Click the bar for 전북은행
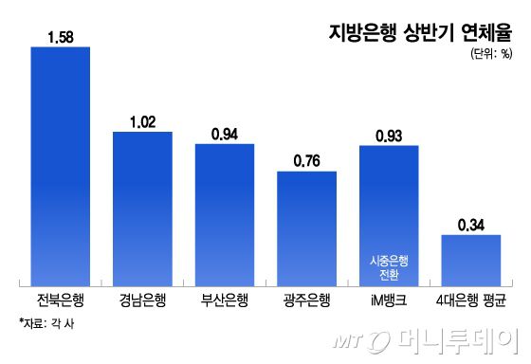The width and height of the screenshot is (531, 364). point(61,166)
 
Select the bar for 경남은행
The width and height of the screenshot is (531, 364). point(142,209)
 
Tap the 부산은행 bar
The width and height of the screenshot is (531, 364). point(225,214)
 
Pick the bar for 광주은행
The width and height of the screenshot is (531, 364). point(306,227)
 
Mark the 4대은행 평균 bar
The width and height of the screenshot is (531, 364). point(470,260)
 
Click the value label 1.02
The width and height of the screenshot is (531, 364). point(142,121)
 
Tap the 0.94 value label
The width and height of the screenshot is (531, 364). point(225,134)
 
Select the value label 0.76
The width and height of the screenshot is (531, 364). point(306,160)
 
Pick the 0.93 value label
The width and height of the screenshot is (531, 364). point(389,136)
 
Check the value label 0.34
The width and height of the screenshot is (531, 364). point(470,225)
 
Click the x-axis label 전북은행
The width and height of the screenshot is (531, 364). point(61,300)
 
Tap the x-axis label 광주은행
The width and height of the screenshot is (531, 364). point(306,300)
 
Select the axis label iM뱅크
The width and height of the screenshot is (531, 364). point(389,300)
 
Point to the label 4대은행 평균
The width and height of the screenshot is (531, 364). point(470,300)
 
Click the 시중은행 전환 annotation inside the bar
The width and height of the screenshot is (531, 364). point(389,266)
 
